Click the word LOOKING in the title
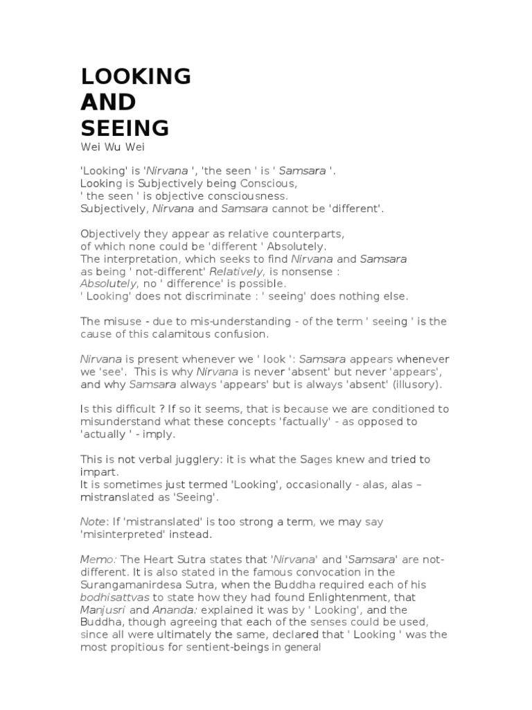click(x=136, y=76)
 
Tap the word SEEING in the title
click(x=125, y=128)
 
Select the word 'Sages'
click(x=316, y=459)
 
